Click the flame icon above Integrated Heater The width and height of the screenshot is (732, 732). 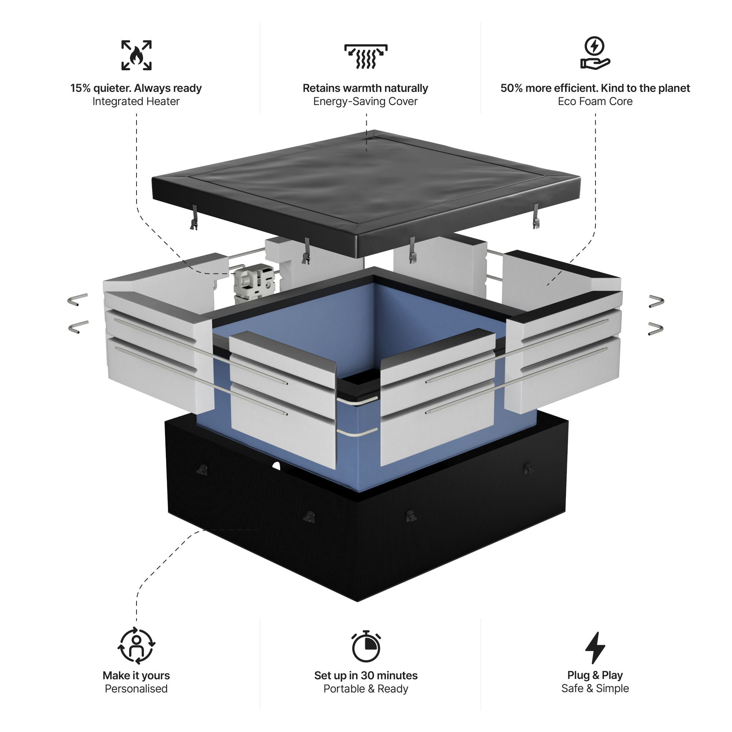click(x=137, y=55)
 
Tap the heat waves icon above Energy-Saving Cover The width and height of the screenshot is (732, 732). click(x=366, y=56)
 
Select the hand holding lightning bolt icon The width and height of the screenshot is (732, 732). click(x=595, y=53)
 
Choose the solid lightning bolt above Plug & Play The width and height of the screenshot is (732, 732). click(x=595, y=647)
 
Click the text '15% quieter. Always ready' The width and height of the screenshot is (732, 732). click(x=136, y=88)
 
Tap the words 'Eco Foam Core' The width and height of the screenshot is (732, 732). click(x=595, y=101)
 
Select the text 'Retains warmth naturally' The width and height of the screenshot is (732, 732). click(x=365, y=88)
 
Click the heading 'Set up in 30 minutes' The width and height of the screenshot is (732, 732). click(x=366, y=676)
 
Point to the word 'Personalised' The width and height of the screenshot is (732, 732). click(x=136, y=689)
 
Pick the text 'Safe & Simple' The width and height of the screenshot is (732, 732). click(x=595, y=688)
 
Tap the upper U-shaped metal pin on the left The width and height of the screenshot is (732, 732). click(x=78, y=299)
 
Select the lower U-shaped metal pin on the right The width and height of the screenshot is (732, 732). click(x=656, y=329)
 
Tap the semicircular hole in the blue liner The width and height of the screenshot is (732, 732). click(x=276, y=466)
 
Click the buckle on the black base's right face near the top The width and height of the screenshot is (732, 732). click(x=528, y=468)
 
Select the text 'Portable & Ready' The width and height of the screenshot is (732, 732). click(x=366, y=689)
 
